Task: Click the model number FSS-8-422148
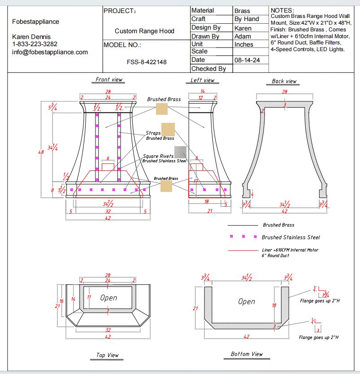[147, 62]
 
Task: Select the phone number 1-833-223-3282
[35, 44]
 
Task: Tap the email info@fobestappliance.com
[50, 52]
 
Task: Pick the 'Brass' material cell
[242, 11]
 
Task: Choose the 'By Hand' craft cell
[247, 19]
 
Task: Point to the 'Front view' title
[109, 79]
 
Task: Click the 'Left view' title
[202, 80]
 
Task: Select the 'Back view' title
[284, 81]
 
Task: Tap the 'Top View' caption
[108, 355]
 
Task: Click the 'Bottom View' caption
[247, 354]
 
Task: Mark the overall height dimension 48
[41, 152]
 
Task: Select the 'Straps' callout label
[153, 133]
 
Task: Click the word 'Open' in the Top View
[108, 298]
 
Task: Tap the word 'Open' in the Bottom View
[247, 302]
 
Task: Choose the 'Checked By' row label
[208, 69]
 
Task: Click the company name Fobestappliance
[35, 22]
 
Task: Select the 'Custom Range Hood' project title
[144, 31]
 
